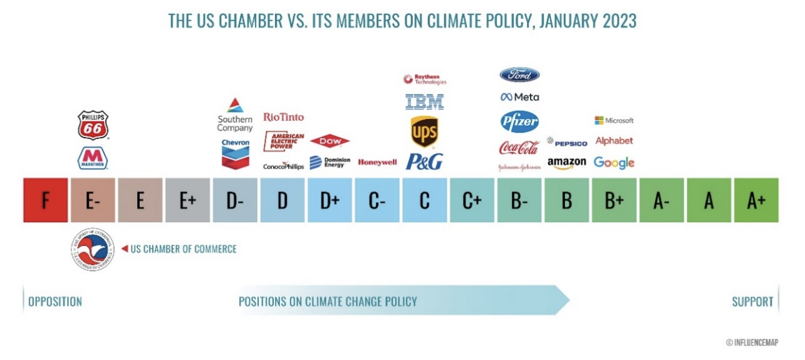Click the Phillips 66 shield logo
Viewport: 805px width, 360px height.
[x=93, y=125]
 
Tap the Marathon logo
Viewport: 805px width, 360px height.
[x=93, y=158]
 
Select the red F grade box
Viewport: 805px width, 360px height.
[x=45, y=200]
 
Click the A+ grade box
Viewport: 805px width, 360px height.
[x=756, y=200]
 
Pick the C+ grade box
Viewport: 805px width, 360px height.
[x=472, y=200]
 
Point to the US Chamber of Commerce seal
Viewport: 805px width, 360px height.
[x=93, y=250]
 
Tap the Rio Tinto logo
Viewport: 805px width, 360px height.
[x=283, y=117]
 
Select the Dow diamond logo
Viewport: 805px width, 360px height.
[x=330, y=141]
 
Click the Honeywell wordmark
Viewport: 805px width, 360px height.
[x=377, y=162]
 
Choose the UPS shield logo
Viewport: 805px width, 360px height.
[x=424, y=131]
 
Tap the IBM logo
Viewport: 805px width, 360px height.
[x=424, y=101]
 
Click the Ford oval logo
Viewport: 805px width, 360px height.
[x=519, y=75]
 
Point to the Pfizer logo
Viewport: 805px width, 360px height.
[x=519, y=121]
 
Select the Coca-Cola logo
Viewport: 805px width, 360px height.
[x=519, y=148]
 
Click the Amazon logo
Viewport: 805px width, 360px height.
[x=566, y=163]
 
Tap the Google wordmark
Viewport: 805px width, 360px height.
[x=614, y=163]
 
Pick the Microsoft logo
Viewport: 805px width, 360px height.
[x=614, y=120]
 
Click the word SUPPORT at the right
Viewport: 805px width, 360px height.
[x=752, y=302]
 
